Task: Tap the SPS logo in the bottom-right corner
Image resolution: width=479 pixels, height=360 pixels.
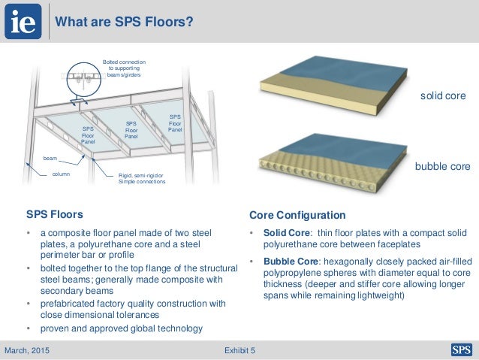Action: tap(460, 349)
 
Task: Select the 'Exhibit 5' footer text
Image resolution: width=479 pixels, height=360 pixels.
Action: tap(239, 349)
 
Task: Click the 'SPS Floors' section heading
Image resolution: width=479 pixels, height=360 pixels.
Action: tap(55, 214)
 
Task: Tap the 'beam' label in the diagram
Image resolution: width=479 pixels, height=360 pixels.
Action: tap(50, 159)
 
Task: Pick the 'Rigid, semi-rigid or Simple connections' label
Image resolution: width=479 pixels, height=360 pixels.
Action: tap(142, 177)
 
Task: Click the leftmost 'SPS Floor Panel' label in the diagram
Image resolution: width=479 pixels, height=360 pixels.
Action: tap(88, 135)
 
